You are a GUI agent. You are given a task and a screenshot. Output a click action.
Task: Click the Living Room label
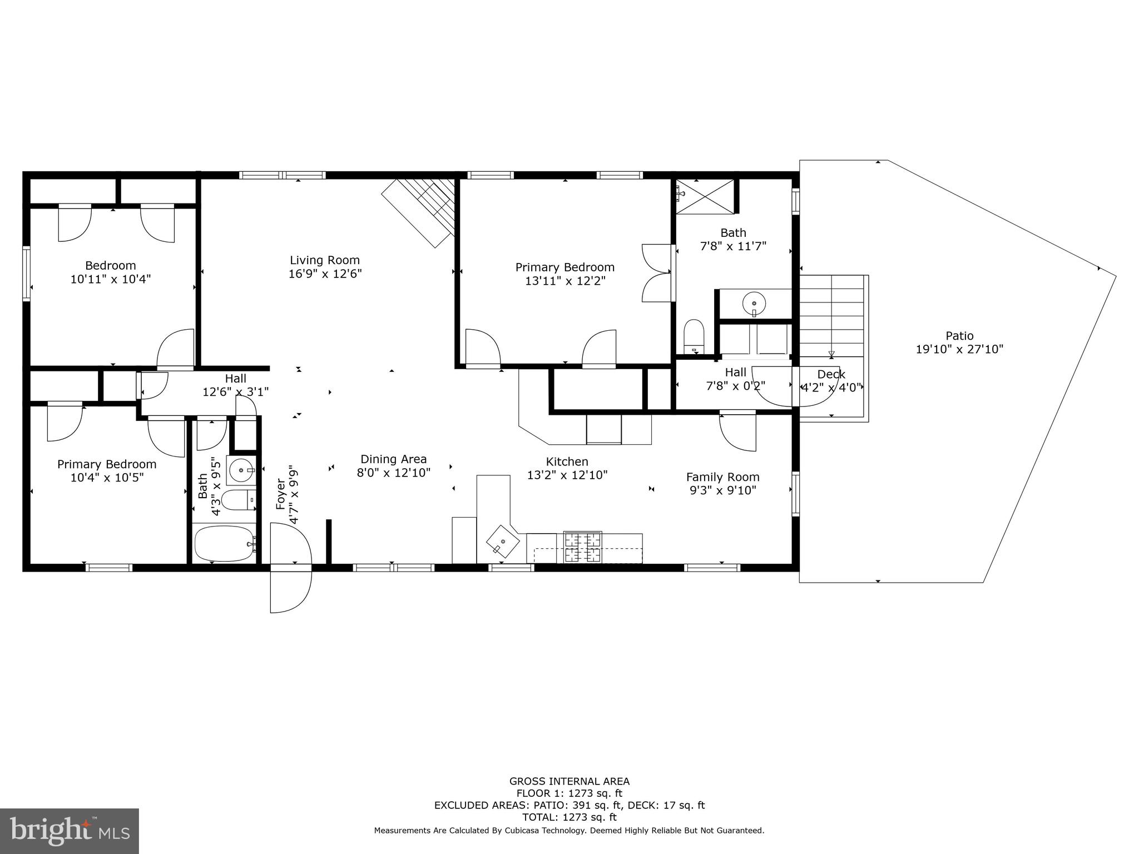coord(324,260)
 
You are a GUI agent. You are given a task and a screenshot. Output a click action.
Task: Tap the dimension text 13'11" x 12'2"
coord(564,281)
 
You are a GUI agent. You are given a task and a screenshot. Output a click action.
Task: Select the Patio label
coord(959,336)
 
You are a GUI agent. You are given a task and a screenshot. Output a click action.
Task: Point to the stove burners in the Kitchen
coord(582,547)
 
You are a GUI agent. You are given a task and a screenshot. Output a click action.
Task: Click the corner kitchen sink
coord(502,541)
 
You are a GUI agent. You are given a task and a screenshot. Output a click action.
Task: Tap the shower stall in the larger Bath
coord(705,195)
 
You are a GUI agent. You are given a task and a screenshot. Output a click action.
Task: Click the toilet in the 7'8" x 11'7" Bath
coord(694,336)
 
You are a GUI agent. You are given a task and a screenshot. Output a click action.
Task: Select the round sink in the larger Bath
coord(754,304)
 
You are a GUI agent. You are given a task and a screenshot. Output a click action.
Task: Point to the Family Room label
coord(722,477)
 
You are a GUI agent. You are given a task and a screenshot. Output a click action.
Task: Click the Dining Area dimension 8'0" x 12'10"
coord(393,473)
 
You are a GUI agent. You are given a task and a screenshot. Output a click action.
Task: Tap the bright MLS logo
coord(69,831)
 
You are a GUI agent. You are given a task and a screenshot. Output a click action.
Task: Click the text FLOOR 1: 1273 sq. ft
coord(569,793)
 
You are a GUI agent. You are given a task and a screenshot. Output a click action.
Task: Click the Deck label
coord(831,374)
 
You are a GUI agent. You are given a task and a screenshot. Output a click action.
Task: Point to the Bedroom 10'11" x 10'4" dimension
coord(110,279)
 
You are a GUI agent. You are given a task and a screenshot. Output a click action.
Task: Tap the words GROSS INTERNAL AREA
coord(569,781)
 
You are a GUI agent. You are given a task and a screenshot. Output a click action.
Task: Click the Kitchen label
coord(567,461)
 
